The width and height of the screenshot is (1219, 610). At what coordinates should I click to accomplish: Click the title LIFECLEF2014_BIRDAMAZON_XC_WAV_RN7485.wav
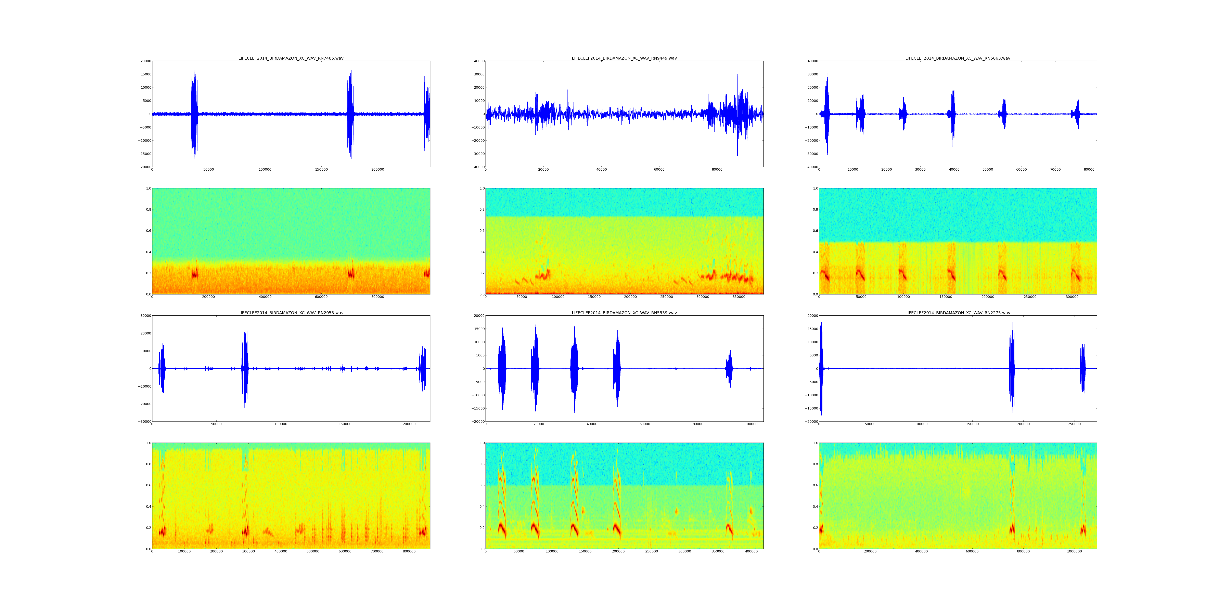click(291, 58)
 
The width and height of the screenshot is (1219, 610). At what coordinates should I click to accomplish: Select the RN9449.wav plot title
click(624, 58)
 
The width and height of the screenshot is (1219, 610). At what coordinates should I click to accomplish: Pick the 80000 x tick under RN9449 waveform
click(717, 170)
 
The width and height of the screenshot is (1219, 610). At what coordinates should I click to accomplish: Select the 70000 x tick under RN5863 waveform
click(1055, 170)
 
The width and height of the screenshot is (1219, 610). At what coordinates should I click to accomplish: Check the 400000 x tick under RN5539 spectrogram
click(751, 551)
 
